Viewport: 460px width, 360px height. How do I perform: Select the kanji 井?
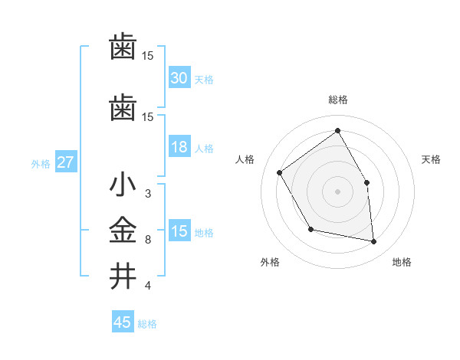click(123, 276)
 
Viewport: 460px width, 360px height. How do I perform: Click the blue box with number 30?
click(179, 78)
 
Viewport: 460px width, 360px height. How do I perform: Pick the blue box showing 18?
click(179, 148)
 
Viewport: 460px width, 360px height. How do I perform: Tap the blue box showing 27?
click(65, 162)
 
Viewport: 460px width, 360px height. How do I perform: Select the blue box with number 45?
click(123, 322)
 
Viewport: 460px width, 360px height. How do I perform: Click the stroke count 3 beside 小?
click(148, 195)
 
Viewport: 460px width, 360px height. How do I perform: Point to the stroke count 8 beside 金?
click(148, 240)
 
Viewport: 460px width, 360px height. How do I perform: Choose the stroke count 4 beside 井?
click(148, 286)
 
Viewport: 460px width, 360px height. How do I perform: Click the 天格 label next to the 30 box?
click(204, 80)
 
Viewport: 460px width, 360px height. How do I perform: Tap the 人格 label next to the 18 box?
click(204, 149)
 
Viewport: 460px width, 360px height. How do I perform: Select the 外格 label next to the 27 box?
click(41, 163)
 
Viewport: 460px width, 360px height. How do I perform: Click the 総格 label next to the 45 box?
click(147, 324)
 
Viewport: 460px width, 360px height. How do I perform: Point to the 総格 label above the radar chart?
click(337, 100)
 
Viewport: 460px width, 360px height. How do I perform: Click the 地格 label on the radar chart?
click(402, 263)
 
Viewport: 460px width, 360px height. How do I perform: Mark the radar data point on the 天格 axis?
click(366, 182)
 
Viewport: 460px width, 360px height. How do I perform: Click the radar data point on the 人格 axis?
click(280, 172)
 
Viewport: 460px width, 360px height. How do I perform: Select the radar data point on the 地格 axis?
click(373, 241)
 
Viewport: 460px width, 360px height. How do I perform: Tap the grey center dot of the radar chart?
click(337, 191)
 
